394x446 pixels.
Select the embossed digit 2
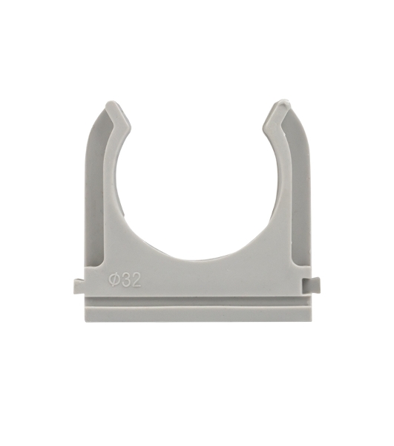[x=136, y=280]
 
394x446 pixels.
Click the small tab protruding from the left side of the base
[x=79, y=286]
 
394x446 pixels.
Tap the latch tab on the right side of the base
[x=312, y=285]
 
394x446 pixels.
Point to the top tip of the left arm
[x=111, y=102]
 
